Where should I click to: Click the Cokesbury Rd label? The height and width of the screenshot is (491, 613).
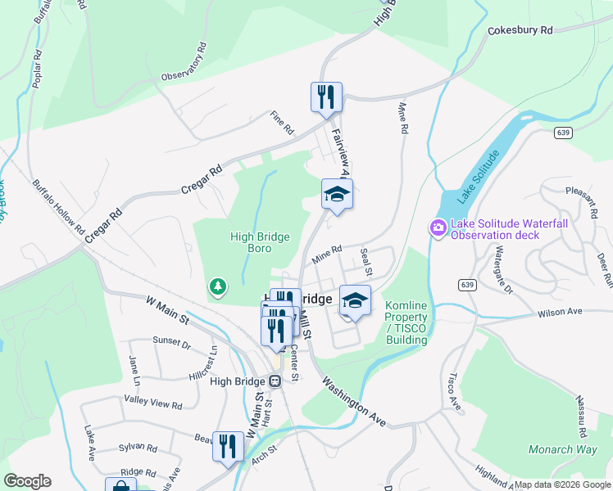tap(520, 29)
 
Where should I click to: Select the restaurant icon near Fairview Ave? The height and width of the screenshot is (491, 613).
tap(326, 97)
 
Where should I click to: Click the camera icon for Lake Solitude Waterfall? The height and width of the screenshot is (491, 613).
tap(438, 227)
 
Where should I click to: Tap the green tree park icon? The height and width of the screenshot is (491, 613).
tap(217, 286)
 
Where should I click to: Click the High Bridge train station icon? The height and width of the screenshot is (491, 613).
tap(275, 381)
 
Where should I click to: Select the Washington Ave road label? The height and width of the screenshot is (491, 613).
tap(353, 400)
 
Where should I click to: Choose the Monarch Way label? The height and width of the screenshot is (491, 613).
tap(574, 450)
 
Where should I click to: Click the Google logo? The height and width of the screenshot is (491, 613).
tap(27, 481)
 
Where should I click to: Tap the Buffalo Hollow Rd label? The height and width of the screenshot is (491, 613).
tap(58, 207)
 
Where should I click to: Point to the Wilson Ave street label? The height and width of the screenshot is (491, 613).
tap(559, 312)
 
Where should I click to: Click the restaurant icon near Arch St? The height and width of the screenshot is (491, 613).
tap(227, 446)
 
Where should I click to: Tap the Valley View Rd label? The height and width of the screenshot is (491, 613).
tap(153, 404)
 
